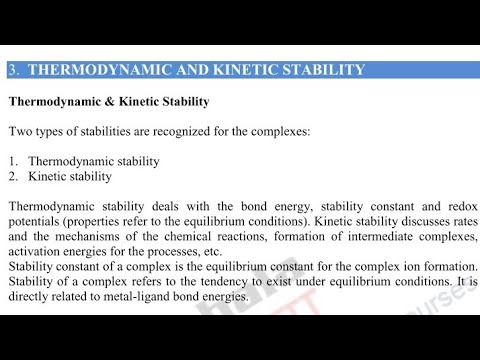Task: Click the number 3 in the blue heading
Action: pyautogui.click(x=12, y=70)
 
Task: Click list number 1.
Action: pyautogui.click(x=13, y=161)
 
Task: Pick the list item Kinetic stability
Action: pyautogui.click(x=69, y=177)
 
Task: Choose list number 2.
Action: pyautogui.click(x=13, y=177)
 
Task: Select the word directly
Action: pyautogui.click(x=30, y=297)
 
